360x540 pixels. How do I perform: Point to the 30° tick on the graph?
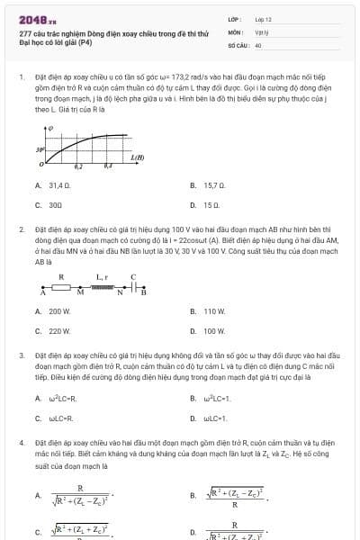(x=40, y=149)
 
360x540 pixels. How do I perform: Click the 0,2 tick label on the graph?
(x=78, y=167)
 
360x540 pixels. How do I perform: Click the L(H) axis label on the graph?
(x=137, y=158)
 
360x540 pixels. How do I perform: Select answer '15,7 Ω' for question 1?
(x=213, y=185)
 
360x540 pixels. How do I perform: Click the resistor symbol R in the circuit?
(x=61, y=288)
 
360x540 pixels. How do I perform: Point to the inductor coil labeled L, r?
(x=103, y=287)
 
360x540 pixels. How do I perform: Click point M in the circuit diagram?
(x=80, y=293)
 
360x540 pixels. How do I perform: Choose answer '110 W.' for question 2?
(x=214, y=311)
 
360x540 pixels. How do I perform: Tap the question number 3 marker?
(x=21, y=356)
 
